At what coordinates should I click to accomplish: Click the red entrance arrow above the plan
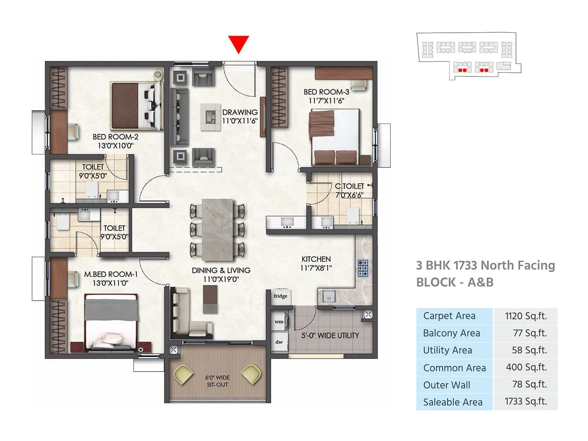tap(239, 43)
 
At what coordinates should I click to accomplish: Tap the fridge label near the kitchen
tap(280, 296)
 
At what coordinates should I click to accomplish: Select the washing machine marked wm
tap(279, 322)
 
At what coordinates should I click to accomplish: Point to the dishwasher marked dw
tap(279, 342)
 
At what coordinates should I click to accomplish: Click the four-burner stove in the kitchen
tap(363, 268)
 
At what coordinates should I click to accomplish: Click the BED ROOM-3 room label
tap(326, 92)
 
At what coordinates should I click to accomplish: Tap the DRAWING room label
tap(240, 112)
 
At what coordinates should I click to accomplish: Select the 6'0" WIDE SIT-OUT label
tap(217, 381)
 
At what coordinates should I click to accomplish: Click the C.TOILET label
tap(349, 186)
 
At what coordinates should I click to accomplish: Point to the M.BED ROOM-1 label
tap(111, 274)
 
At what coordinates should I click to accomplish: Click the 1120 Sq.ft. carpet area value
tap(526, 316)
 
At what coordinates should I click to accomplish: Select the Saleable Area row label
tap(453, 402)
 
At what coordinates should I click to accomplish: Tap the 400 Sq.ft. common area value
tap(526, 367)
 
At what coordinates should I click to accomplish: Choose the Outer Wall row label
tap(447, 385)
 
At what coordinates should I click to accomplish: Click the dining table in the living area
tap(218, 230)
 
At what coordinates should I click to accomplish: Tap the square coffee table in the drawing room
tap(210, 117)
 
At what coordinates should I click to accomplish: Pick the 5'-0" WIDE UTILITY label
tap(330, 335)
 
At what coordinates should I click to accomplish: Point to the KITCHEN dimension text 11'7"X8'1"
tap(316, 268)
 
